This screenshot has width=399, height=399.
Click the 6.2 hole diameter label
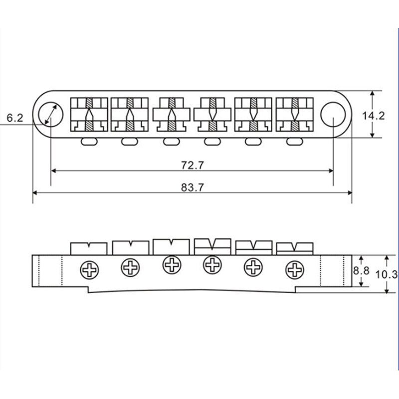[x=15, y=118]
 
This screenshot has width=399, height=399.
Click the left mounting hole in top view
[x=51, y=114]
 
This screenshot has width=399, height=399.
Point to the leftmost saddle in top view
[x=89, y=114]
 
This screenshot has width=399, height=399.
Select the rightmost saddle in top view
[x=294, y=114]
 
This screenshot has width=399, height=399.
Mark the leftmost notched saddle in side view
[x=89, y=248]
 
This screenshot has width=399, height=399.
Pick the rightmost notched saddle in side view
[x=295, y=247]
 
